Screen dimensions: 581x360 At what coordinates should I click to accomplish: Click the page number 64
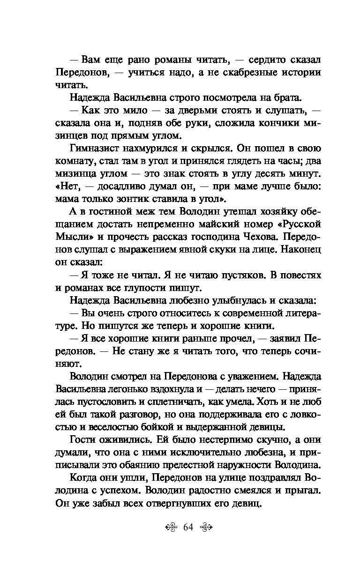point(188,527)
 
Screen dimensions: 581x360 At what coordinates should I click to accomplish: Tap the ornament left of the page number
point(172,527)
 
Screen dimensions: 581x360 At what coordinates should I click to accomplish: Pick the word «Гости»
point(82,439)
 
